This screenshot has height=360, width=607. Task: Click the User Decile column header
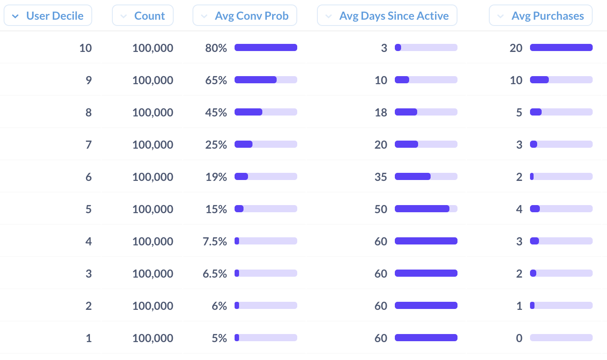pyautogui.click(x=48, y=16)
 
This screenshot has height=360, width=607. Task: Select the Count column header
pyautogui.click(x=142, y=16)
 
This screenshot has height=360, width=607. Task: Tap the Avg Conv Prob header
pyautogui.click(x=245, y=16)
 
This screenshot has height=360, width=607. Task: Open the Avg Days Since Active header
pyautogui.click(x=387, y=16)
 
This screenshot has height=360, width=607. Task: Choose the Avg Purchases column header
pyautogui.click(x=541, y=16)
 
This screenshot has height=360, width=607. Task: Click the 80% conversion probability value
pyautogui.click(x=216, y=48)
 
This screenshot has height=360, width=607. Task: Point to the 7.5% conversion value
pyautogui.click(x=214, y=241)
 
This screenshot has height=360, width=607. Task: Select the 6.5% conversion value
pyautogui.click(x=214, y=274)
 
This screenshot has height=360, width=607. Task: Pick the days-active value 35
pyautogui.click(x=381, y=177)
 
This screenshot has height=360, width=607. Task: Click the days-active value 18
pyautogui.click(x=381, y=112)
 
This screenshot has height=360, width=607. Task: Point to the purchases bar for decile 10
pyautogui.click(x=561, y=47)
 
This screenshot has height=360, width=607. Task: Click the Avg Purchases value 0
pyautogui.click(x=519, y=338)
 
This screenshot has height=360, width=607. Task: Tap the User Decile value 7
pyautogui.click(x=89, y=145)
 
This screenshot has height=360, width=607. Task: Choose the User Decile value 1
pyautogui.click(x=89, y=338)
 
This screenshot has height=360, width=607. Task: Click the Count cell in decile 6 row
pyautogui.click(x=153, y=177)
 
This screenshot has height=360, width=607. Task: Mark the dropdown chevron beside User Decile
pyautogui.click(x=16, y=16)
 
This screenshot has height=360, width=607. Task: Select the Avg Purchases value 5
pyautogui.click(x=519, y=112)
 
